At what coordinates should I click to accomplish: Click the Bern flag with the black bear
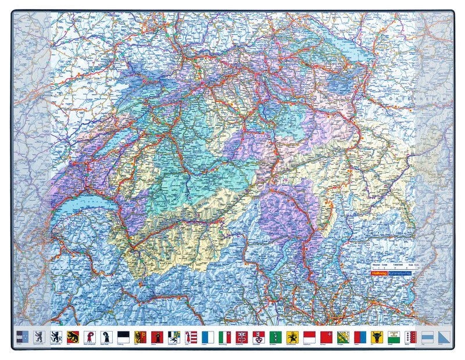(73, 336)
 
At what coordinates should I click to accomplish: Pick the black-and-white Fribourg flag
(123, 336)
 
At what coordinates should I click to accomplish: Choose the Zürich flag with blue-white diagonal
(445, 336)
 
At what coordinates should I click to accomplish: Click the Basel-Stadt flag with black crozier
(106, 336)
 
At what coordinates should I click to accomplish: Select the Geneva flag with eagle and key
(140, 336)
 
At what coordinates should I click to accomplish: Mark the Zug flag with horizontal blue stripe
(428, 336)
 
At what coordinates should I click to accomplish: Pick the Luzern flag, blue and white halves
(208, 336)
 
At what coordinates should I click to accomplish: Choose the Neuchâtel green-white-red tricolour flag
(224, 336)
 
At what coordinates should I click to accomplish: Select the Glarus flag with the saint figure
(157, 336)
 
